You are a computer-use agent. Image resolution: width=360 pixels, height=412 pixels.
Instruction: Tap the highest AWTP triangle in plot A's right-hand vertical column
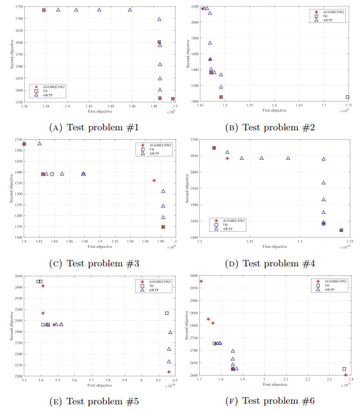click(160, 19)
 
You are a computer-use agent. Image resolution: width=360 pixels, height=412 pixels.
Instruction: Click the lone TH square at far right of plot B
click(347, 97)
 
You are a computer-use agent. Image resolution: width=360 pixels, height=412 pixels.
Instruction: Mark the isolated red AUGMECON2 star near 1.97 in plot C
click(154, 181)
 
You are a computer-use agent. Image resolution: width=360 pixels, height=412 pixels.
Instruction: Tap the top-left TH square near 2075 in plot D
click(214, 148)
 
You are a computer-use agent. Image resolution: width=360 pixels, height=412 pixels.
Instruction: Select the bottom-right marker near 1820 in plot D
click(341, 231)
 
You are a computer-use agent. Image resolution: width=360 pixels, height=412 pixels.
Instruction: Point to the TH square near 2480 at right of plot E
click(167, 313)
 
